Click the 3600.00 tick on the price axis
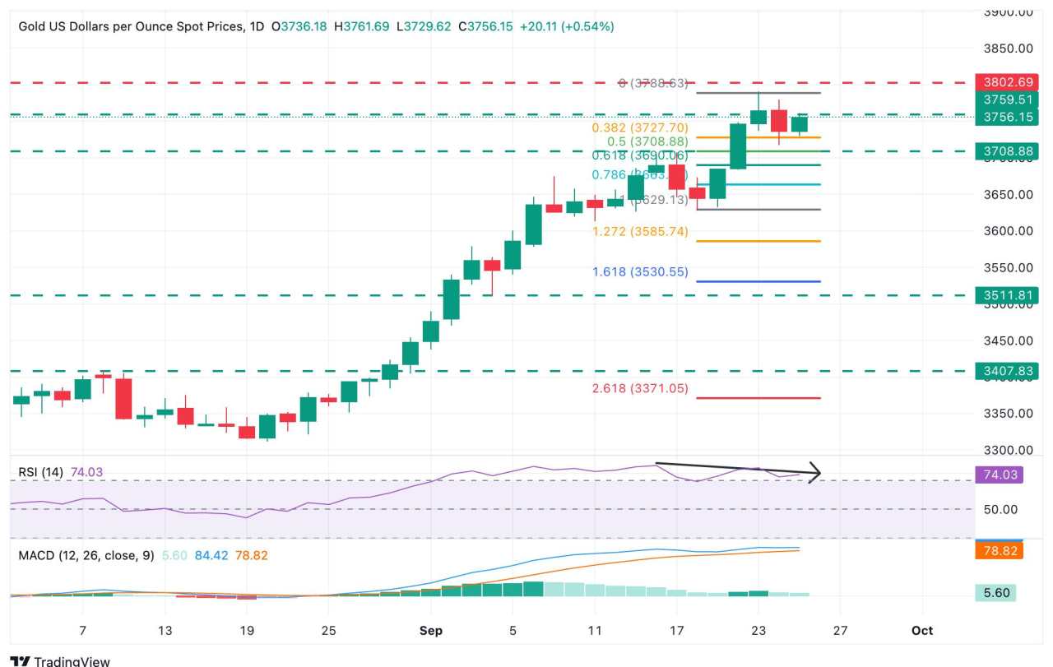coord(1009,231)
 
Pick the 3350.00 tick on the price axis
coord(1009,413)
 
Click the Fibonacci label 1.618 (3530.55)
coord(640,272)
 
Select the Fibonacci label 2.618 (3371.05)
coord(640,388)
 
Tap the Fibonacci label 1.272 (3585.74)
coord(640,232)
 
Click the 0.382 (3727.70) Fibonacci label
coord(640,127)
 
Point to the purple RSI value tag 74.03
coord(999,475)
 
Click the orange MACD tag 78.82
coord(999,550)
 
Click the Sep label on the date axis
coord(431,631)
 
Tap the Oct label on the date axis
coord(922,631)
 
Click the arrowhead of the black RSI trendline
coord(815,473)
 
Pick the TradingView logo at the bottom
coord(61,660)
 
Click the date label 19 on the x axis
coord(247,631)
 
